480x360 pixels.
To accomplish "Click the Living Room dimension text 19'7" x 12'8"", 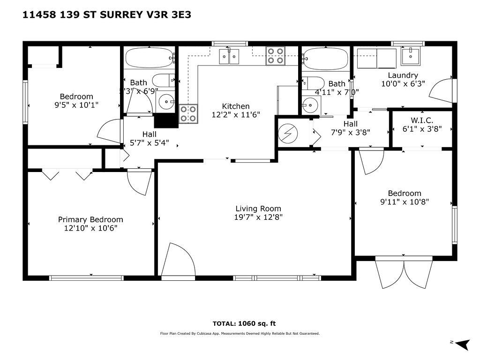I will (258, 217).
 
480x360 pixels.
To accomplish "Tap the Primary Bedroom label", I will (90, 219).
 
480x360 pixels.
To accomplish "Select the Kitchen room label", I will (235, 106).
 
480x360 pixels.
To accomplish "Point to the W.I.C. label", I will (422, 120).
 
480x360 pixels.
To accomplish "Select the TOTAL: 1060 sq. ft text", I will (244, 323).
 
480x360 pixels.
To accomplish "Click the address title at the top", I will (107, 15).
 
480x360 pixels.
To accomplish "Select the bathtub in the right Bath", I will (325, 59).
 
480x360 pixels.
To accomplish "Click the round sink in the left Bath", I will (165, 101).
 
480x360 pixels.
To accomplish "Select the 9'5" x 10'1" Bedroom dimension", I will (76, 105).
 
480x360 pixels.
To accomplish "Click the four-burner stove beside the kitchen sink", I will (276, 56).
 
